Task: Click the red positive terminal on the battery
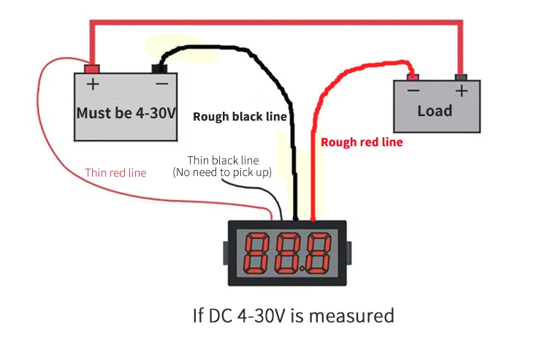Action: tap(92, 69)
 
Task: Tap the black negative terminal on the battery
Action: tap(159, 69)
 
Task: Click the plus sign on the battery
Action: tap(93, 84)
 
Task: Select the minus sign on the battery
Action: tap(161, 83)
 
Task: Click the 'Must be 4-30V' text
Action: tap(126, 113)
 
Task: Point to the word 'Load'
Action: tap(435, 111)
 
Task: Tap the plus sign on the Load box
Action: tap(462, 91)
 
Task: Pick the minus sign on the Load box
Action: tap(413, 91)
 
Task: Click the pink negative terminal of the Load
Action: tap(413, 77)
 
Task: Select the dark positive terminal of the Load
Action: tap(461, 77)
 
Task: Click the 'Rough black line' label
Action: tap(240, 117)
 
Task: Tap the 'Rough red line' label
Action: tap(362, 142)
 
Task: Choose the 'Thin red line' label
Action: tap(116, 172)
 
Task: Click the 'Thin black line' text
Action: tap(223, 161)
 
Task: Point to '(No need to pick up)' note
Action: tap(222, 172)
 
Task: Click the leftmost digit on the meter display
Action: tap(256, 253)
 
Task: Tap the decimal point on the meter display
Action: tap(302, 269)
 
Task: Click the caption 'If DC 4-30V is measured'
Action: tap(294, 315)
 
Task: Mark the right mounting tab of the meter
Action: tap(348, 253)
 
